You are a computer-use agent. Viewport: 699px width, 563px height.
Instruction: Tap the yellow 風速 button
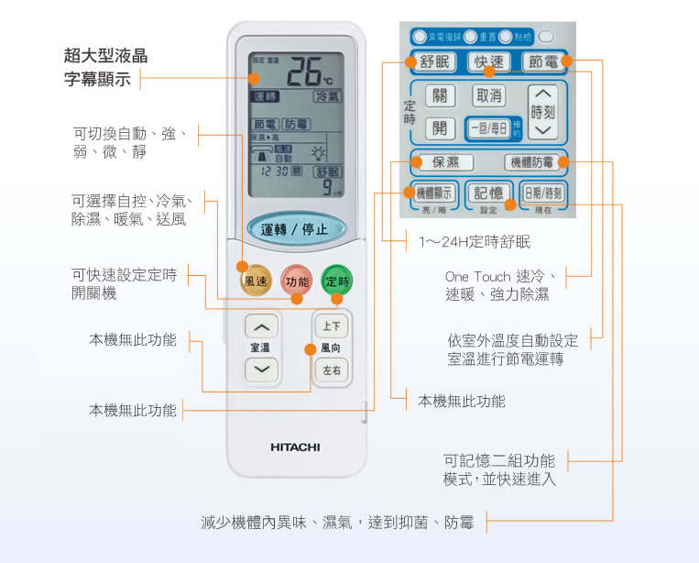click(x=257, y=281)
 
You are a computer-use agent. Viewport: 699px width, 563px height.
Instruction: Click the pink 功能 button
click(x=297, y=281)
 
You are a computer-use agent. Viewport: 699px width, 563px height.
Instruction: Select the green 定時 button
click(x=336, y=281)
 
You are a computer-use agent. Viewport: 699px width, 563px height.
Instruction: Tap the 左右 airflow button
click(x=331, y=370)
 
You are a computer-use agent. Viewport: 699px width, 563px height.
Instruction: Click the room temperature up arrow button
click(x=262, y=327)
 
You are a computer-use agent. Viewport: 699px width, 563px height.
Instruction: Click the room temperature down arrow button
click(x=262, y=370)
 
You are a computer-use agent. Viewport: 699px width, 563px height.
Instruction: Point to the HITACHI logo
click(x=295, y=447)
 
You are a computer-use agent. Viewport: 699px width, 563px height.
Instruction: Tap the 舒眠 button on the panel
click(x=434, y=62)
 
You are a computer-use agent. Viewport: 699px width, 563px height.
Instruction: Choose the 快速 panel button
click(x=488, y=62)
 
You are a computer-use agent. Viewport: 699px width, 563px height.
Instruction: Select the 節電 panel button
click(x=542, y=62)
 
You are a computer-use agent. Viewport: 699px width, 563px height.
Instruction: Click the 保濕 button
click(x=446, y=162)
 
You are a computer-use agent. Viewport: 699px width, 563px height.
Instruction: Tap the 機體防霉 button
click(x=532, y=162)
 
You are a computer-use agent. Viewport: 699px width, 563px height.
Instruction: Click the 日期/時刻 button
click(x=543, y=193)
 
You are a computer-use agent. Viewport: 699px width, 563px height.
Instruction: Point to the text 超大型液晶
click(x=105, y=56)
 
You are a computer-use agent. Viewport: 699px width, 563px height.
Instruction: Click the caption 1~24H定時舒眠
click(x=475, y=242)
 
